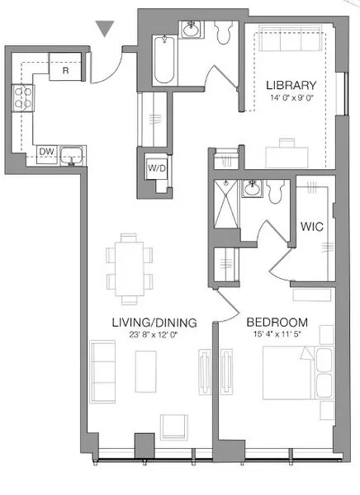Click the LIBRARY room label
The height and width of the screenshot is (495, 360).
point(291,85)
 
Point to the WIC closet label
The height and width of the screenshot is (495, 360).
point(311,225)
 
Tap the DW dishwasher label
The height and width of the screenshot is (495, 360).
point(46,151)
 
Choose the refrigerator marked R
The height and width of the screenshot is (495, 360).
point(64,70)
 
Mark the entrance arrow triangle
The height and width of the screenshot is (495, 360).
point(103,29)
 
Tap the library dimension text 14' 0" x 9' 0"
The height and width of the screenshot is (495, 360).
point(291,98)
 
